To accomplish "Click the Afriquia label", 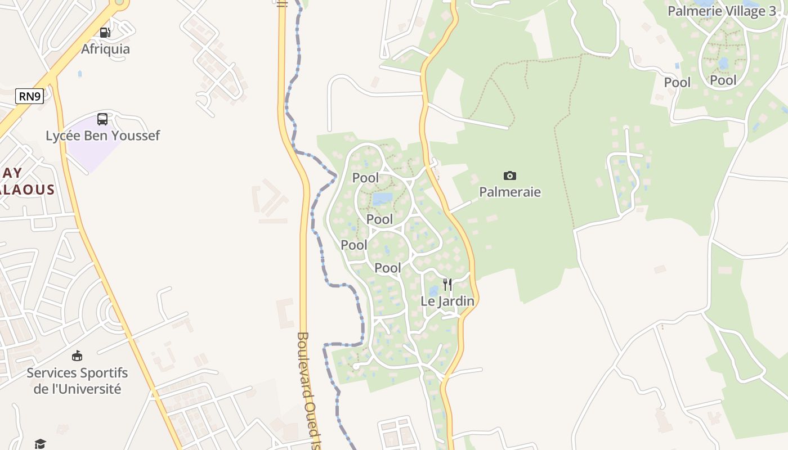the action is [105, 49].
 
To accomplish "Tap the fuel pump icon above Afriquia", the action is [105, 33].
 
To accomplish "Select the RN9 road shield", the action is [29, 96].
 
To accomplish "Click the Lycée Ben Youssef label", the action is [102, 136].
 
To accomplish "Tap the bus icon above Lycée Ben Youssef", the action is [102, 119].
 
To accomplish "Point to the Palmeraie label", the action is [510, 192].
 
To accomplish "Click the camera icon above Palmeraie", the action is [510, 176].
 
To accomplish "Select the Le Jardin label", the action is [447, 301].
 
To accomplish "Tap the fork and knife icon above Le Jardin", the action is [447, 285].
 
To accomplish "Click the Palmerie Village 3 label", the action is [722, 11].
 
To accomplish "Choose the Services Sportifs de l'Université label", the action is [77, 381].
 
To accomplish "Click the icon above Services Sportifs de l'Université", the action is [77, 356].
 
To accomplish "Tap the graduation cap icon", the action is [39, 444].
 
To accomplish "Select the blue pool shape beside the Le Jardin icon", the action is [433, 291].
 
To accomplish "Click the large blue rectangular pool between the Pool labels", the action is [382, 199].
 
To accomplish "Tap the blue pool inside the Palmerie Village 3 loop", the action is [723, 62].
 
